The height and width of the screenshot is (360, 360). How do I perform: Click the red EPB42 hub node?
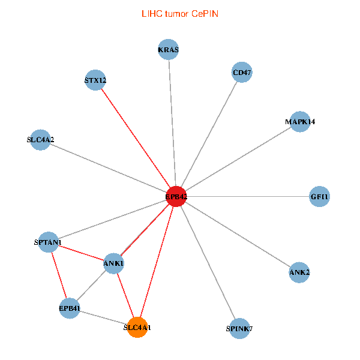[x=176, y=196]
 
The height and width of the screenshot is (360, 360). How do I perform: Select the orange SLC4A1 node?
[x=137, y=328]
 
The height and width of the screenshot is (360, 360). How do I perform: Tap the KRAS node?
[x=169, y=50]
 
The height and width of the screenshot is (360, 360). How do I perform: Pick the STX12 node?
[x=95, y=80]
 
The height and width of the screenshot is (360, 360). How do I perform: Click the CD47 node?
[x=242, y=73]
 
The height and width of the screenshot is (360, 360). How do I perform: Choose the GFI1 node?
[x=320, y=196]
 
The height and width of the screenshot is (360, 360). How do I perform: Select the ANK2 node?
[x=299, y=272]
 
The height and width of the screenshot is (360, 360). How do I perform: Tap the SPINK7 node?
[x=239, y=328]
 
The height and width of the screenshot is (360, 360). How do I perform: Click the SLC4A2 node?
[x=40, y=140]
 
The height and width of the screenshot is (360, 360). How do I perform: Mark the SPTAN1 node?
[x=48, y=242]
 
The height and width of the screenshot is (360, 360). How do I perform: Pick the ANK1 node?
[x=113, y=263]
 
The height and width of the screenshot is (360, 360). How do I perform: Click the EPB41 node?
[x=70, y=308]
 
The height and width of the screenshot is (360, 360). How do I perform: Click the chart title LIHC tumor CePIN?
[x=179, y=13]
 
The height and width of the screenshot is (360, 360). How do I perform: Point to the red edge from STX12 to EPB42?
[x=136, y=138]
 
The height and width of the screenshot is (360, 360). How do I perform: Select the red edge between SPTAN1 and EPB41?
[x=59, y=275]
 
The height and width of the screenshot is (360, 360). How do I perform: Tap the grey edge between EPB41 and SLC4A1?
[x=103, y=318]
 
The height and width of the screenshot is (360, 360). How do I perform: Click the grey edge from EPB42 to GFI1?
[x=248, y=196]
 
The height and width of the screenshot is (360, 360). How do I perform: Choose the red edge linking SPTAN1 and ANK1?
[x=81, y=253]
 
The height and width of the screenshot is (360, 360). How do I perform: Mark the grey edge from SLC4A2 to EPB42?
[x=108, y=168]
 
